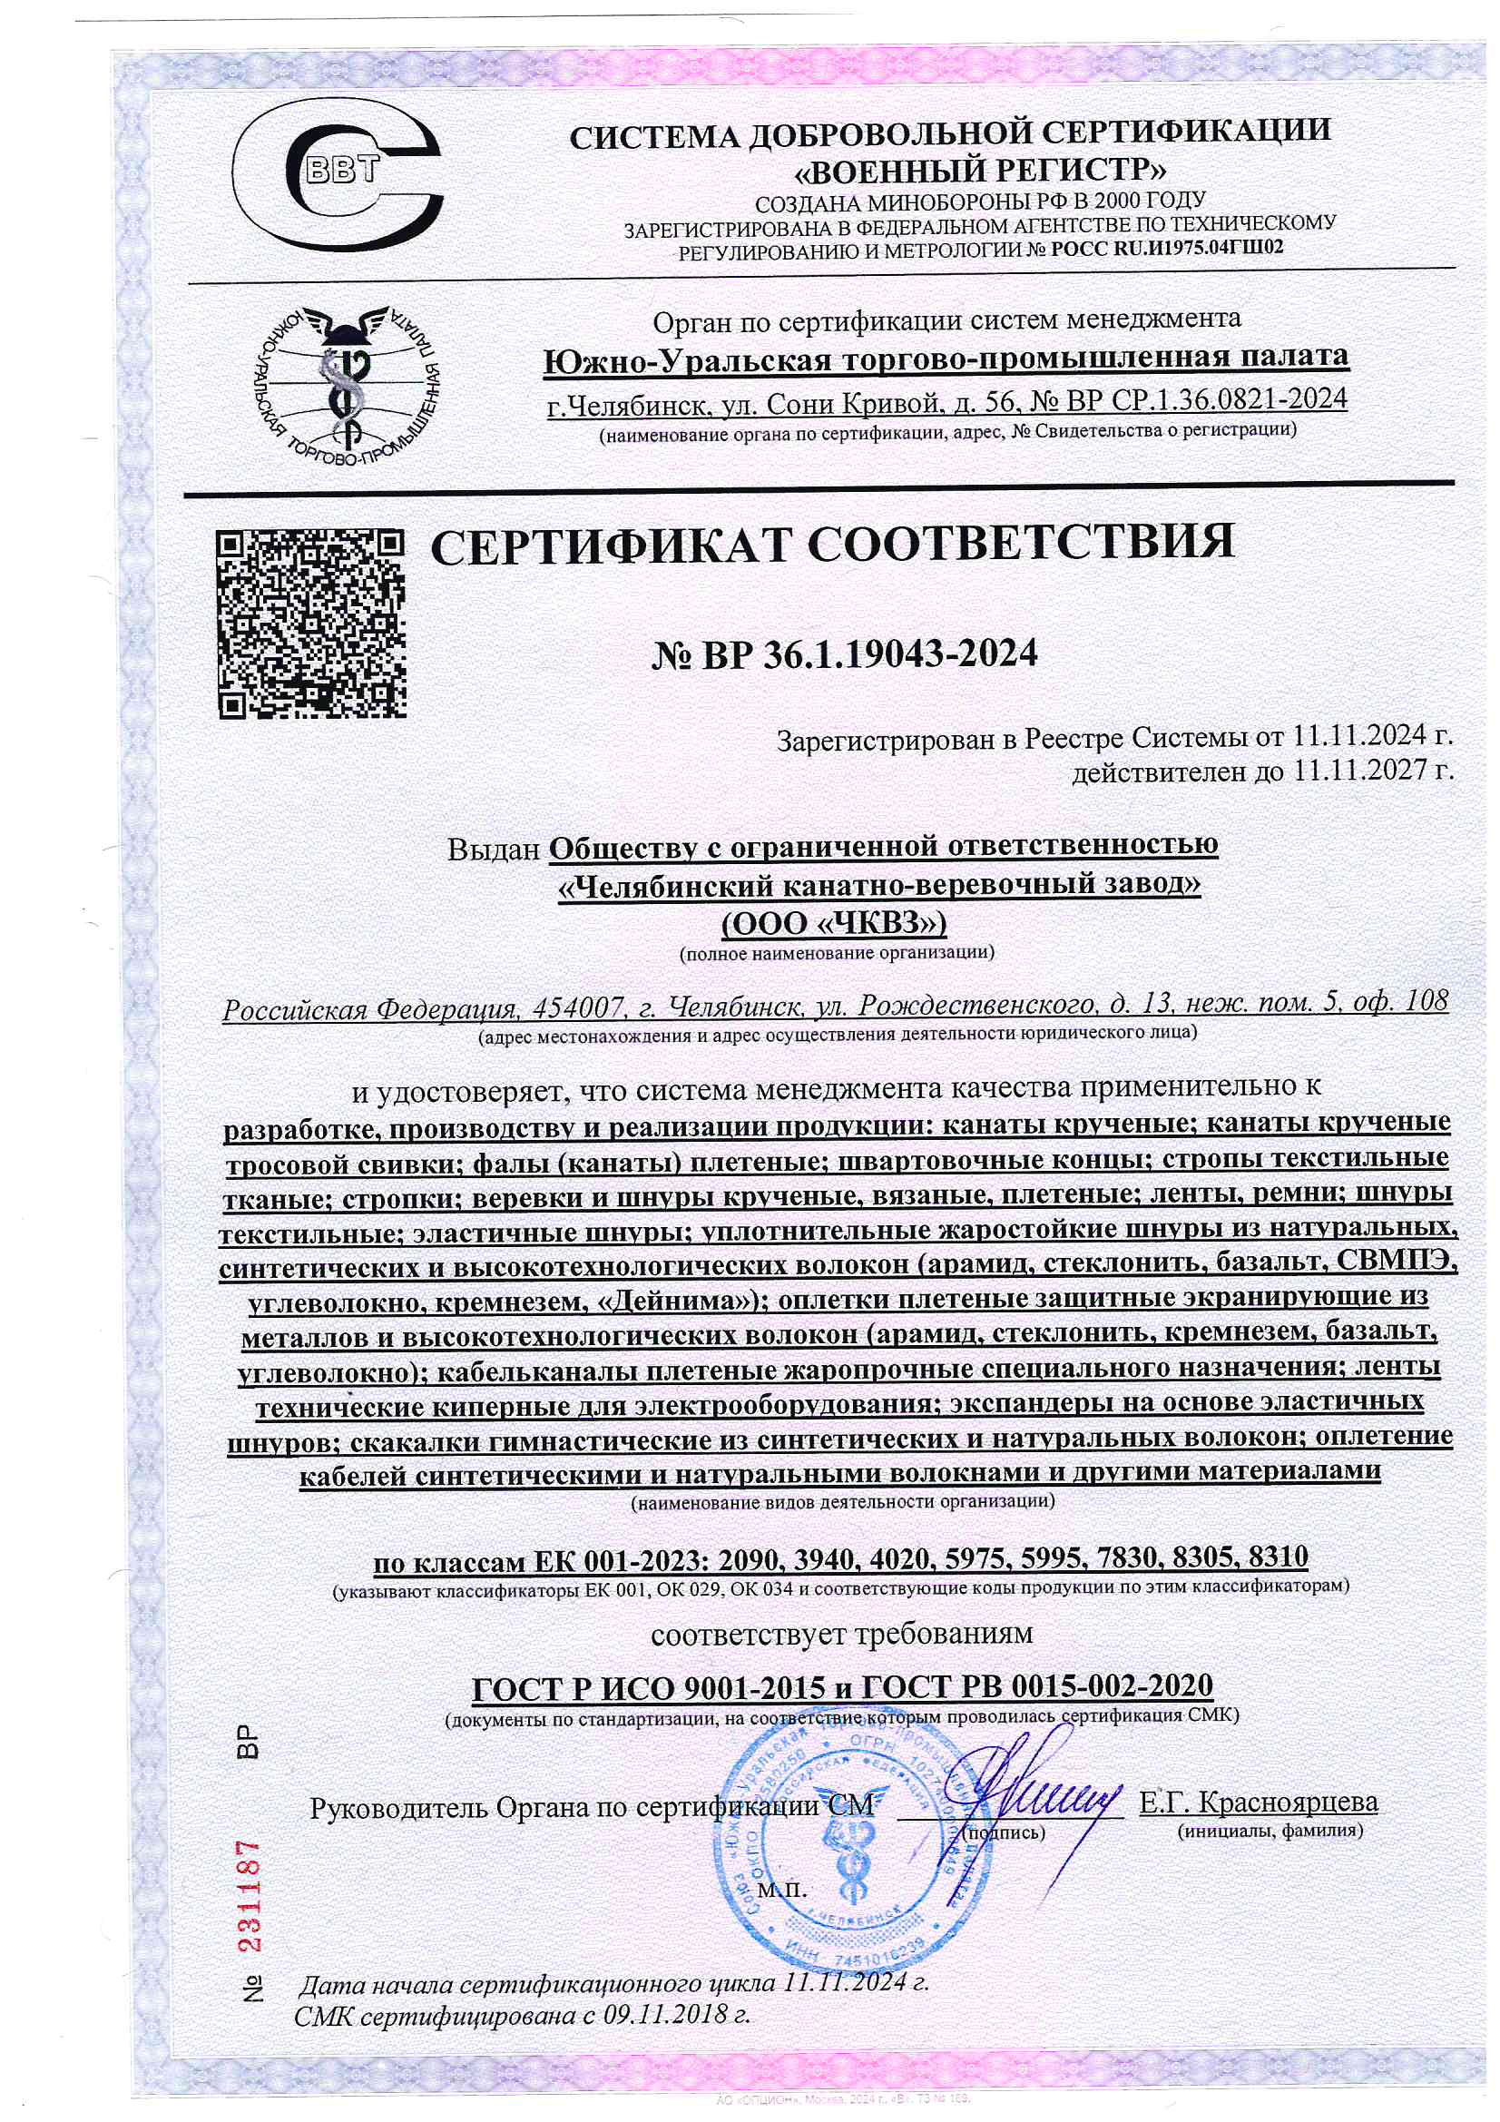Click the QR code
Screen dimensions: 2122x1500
pos(311,624)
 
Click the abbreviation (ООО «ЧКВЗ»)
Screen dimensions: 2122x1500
pos(833,923)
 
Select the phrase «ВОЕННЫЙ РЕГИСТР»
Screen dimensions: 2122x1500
pos(981,170)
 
